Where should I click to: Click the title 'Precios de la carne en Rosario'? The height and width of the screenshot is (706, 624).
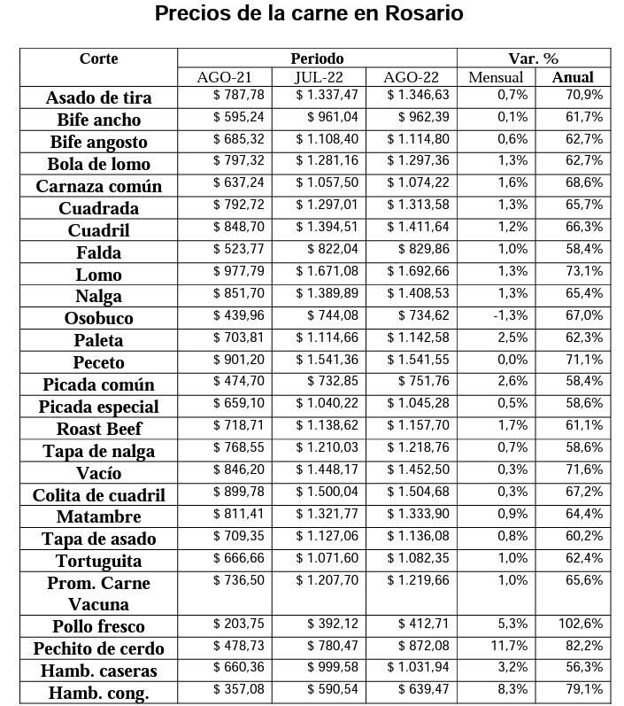tap(309, 15)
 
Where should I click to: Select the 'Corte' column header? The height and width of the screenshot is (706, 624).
tap(98, 59)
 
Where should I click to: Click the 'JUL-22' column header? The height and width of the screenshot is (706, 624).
tap(319, 77)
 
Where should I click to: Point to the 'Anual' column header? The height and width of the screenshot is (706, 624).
tap(573, 77)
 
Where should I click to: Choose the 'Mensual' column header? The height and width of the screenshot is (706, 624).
tap(496, 77)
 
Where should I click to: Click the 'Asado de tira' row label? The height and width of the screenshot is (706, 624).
tap(98, 97)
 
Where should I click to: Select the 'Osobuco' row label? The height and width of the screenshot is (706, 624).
tap(98, 318)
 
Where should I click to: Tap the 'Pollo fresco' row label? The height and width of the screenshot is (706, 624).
tap(98, 626)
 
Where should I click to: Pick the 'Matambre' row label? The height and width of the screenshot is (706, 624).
tap(98, 516)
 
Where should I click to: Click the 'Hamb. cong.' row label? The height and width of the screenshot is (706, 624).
tap(98, 693)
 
